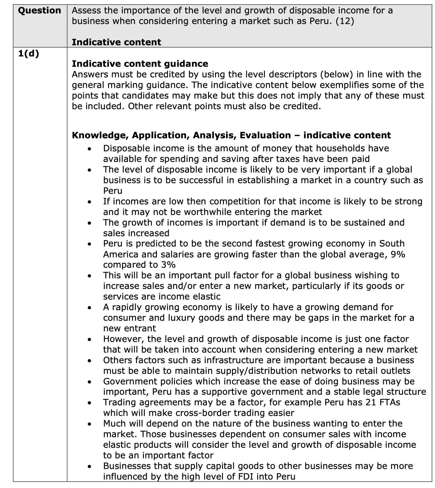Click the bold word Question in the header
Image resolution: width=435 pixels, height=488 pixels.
coord(39,11)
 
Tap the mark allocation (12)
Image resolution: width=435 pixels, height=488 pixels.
coord(345,21)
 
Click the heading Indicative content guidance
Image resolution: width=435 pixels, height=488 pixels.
coord(140,64)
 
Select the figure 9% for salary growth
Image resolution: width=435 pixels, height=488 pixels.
coord(398,254)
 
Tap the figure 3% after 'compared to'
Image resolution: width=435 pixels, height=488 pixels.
coord(168,265)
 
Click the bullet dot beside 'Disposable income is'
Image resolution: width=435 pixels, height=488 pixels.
coord(89,149)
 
